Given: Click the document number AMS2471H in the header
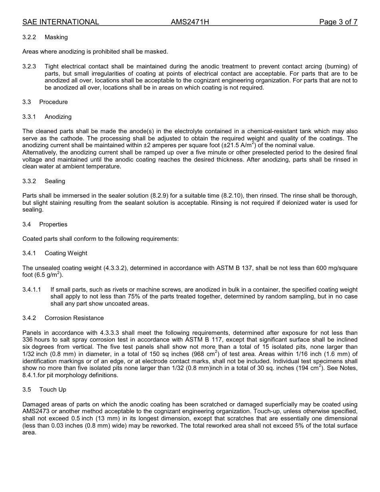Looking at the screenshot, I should (190, 22).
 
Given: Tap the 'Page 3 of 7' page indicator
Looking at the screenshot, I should (338, 22).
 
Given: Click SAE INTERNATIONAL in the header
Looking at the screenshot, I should (61, 22).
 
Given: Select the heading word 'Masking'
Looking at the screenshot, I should (56, 37).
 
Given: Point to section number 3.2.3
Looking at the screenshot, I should (29, 66).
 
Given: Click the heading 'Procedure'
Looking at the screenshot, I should (53, 102).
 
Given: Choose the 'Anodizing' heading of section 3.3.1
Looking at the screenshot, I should (58, 117).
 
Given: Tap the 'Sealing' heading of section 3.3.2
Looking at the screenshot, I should (55, 181).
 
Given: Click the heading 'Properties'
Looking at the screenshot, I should (53, 224).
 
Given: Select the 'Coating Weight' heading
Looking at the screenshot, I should (66, 253).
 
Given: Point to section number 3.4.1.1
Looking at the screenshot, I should (32, 290).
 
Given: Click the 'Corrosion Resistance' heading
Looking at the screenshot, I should (74, 318).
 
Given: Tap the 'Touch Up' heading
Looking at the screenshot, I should (52, 390).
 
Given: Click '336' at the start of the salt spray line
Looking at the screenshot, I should (28, 340).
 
